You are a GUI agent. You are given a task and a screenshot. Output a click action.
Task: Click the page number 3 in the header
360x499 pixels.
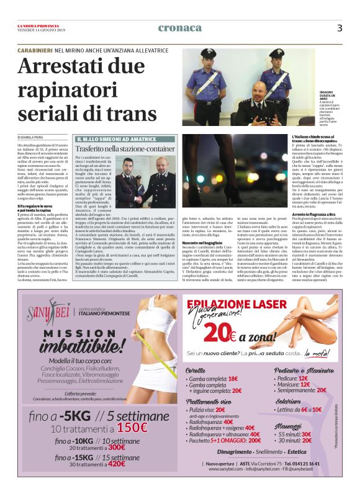(340, 28)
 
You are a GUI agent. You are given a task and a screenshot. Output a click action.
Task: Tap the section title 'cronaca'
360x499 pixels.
(180, 28)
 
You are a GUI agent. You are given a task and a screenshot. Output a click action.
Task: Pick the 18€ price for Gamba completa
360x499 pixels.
(233, 379)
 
